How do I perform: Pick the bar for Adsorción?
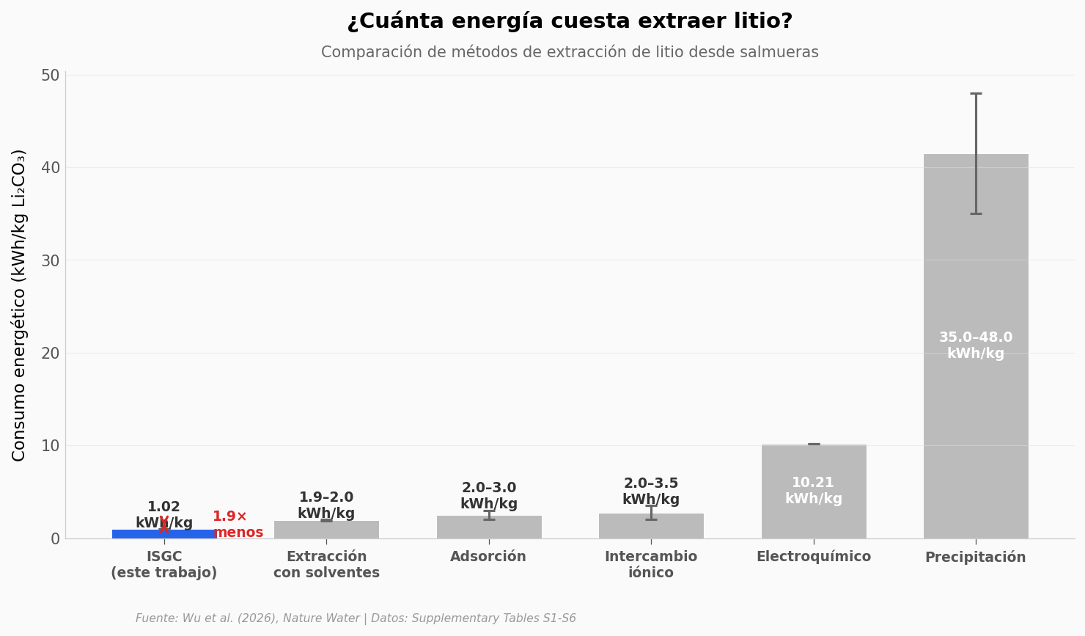click(488, 528)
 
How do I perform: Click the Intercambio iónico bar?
click(651, 528)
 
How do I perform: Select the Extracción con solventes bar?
click(326, 530)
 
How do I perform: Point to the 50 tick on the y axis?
click(51, 76)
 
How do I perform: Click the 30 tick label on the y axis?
click(51, 260)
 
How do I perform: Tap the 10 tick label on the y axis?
click(51, 446)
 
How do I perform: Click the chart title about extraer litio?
click(570, 21)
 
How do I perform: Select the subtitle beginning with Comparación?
click(570, 53)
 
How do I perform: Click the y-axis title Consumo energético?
click(20, 305)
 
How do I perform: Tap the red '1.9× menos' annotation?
click(238, 524)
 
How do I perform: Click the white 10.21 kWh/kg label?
click(813, 491)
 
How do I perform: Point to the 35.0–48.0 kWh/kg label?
click(975, 346)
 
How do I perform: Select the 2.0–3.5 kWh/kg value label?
click(651, 491)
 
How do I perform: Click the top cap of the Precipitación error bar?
click(976, 94)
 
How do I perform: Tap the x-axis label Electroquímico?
click(813, 557)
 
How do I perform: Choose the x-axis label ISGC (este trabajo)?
click(164, 565)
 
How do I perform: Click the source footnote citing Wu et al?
click(356, 618)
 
